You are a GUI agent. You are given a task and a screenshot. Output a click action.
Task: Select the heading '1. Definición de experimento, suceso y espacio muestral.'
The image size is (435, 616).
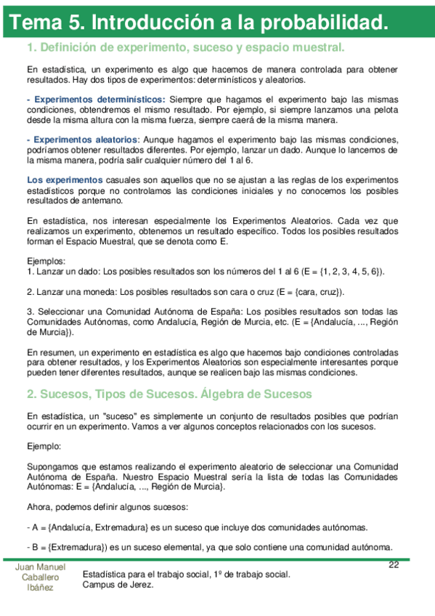pyautogui.click(x=184, y=48)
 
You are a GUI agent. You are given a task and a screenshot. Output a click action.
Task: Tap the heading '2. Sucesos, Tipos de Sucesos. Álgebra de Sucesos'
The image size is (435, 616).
pyautogui.click(x=169, y=394)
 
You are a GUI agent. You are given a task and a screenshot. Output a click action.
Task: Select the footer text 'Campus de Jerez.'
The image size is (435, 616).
pyautogui.click(x=119, y=585)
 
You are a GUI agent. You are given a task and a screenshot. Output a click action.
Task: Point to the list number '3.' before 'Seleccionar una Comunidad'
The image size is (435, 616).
pyautogui.click(x=30, y=312)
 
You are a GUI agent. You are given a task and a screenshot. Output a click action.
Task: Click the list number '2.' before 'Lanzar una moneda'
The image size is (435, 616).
pyautogui.click(x=30, y=292)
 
